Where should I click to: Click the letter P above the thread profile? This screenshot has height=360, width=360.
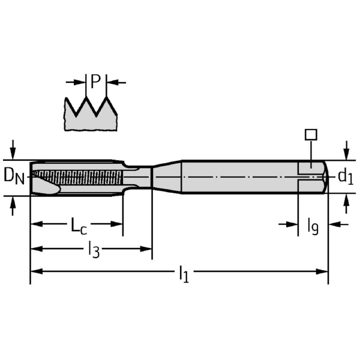coord(96,81)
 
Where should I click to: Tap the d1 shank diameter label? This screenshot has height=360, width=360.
coord(345,176)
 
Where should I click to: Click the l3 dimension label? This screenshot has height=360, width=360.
coord(93,248)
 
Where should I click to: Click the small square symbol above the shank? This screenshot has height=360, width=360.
coord(310,134)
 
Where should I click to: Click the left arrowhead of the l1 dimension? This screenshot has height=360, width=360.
coord(35,271)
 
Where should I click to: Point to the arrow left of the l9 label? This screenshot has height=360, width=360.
coord(293,224)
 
